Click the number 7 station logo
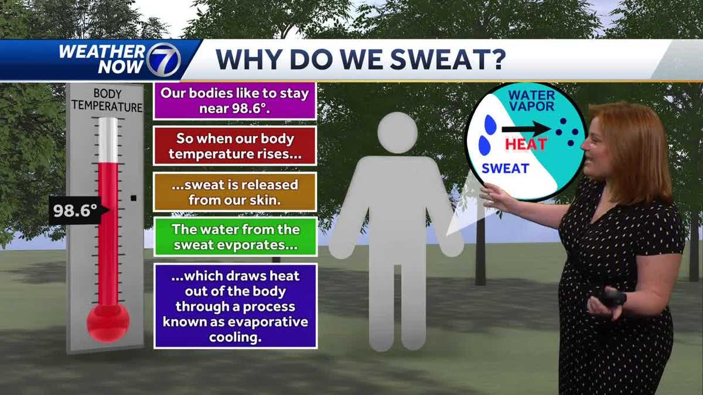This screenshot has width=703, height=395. pos(164,59)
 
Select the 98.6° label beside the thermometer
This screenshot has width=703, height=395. pos(76,211)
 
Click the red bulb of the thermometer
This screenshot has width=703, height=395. pos(108,322)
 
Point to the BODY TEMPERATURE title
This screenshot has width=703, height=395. pos(106,100)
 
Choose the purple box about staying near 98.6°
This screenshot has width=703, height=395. pos(235,101)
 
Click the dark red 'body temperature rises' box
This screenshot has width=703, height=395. pos(235,146)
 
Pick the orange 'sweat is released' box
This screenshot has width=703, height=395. pos(235,192)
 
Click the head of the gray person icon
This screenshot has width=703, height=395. pos(397,133)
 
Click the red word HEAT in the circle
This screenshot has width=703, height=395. pos(525,144)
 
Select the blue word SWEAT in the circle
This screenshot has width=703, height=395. pos(505,169)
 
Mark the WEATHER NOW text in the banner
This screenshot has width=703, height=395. pos(102,59)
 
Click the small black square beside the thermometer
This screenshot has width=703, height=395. pos(134,198)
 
